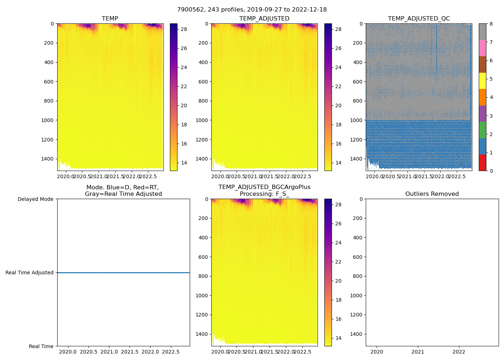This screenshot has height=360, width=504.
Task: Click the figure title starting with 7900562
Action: [252, 10]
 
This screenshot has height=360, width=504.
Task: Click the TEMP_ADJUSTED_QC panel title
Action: [419, 19]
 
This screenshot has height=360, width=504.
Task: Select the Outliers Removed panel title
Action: [432, 194]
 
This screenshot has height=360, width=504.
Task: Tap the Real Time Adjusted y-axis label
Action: [29, 273]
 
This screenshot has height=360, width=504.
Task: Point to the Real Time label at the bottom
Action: [41, 346]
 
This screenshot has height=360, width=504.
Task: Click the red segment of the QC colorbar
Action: [482, 163]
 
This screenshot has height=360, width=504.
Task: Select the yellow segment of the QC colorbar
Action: [482, 81]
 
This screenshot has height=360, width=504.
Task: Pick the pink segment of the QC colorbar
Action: [482, 48]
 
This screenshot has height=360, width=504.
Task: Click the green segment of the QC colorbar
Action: [482, 130]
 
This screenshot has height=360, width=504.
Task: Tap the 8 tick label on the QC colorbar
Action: [491, 24]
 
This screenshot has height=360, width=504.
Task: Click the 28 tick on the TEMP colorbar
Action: [184, 29]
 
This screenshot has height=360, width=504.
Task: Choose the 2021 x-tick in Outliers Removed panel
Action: [418, 352]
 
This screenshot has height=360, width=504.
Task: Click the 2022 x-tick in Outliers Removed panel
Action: [459, 352]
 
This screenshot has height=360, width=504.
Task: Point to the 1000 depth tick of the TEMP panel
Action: [47, 120]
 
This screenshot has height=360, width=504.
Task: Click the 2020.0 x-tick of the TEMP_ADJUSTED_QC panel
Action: [374, 176]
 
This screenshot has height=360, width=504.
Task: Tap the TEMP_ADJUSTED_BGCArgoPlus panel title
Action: [264, 190]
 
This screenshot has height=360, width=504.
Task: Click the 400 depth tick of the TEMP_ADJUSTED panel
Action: [202, 62]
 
